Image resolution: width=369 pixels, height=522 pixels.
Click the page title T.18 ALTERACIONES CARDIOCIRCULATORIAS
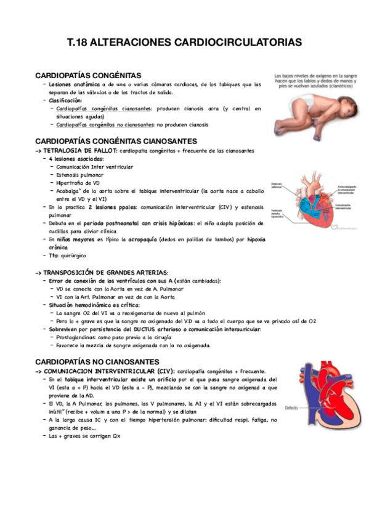(x=184, y=42)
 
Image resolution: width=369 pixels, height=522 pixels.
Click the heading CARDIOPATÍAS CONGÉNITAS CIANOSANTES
(x=116, y=142)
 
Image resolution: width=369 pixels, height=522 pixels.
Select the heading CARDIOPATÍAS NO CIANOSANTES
(x=99, y=361)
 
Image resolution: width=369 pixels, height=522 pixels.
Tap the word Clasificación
(x=65, y=100)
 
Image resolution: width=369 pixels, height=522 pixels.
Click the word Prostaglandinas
(x=79, y=337)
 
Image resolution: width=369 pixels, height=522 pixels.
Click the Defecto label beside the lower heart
(x=276, y=408)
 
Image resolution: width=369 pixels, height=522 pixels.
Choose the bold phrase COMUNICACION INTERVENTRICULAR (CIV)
(x=108, y=371)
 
